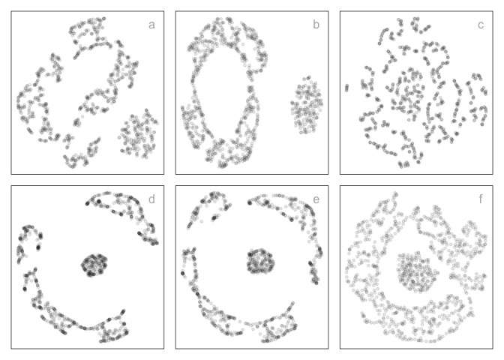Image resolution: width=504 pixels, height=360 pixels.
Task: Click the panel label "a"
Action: point(151,25)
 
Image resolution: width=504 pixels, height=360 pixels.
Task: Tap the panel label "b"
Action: point(316,25)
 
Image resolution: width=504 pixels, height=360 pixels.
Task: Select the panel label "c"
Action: point(480,25)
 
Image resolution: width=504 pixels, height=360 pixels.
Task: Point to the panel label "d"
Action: point(151,199)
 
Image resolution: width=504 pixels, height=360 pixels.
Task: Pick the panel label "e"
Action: point(316,199)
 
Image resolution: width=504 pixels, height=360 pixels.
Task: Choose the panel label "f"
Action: point(480,199)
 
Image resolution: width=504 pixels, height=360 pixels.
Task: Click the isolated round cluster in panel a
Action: point(138,134)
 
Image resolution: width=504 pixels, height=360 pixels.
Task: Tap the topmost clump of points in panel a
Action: point(90,34)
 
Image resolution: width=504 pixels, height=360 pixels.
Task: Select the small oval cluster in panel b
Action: point(307,106)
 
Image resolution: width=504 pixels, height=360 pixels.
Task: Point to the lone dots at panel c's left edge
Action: point(346,88)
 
